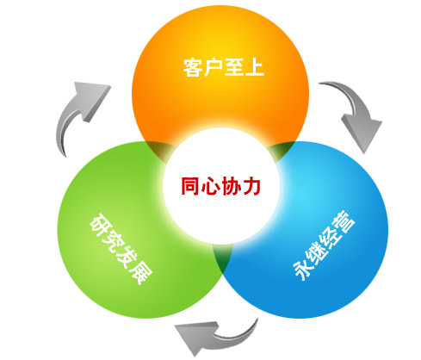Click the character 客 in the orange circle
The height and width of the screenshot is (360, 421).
point(193,67)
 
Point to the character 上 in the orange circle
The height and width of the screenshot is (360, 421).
point(254,67)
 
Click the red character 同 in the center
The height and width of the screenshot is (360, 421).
point(190,187)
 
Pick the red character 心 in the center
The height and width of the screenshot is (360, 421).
point(211,187)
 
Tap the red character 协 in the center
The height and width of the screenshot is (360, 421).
point(231,187)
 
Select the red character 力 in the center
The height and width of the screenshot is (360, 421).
point(251,187)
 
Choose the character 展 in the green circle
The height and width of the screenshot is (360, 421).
point(140,273)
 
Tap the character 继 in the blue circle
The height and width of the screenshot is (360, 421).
point(319,251)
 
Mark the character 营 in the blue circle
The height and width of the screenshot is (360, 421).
point(344,220)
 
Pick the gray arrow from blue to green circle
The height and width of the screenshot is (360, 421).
point(218,337)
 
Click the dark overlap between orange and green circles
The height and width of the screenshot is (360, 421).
point(159,150)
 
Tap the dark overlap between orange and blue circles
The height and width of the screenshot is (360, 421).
point(282,150)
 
